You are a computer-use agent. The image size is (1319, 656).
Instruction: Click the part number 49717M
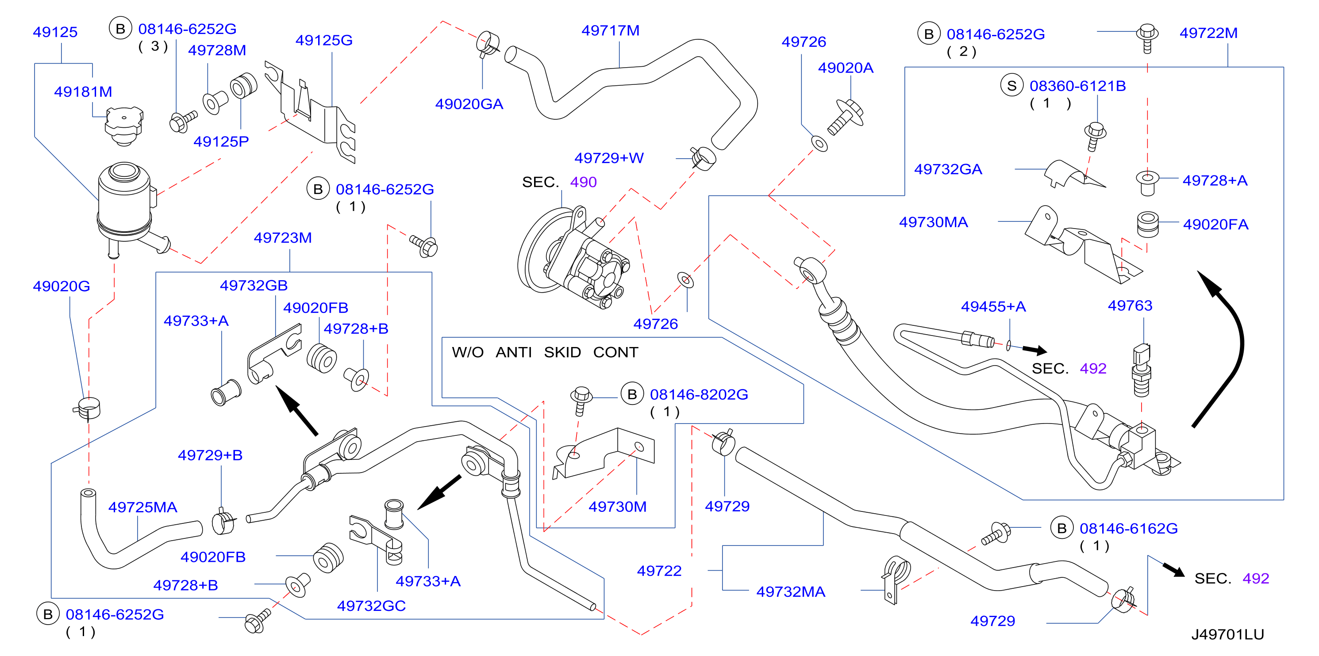610,31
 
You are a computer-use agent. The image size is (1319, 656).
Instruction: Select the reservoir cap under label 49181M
124,126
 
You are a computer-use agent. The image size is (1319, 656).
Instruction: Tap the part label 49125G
324,40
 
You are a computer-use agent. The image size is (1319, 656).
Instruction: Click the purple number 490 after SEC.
583,182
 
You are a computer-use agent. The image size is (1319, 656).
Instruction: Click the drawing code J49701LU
1227,634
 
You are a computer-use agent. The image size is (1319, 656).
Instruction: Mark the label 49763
1130,305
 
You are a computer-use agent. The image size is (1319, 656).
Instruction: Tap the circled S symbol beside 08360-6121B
1012,85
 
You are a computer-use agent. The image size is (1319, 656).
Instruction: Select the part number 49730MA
934,222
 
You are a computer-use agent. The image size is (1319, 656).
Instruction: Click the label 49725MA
143,507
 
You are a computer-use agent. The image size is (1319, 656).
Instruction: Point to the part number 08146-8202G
699,394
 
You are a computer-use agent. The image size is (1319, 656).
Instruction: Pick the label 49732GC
371,606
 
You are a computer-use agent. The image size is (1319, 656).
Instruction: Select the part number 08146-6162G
1129,529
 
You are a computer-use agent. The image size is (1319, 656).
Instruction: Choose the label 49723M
283,238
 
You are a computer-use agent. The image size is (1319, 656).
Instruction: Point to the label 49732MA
791,592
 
